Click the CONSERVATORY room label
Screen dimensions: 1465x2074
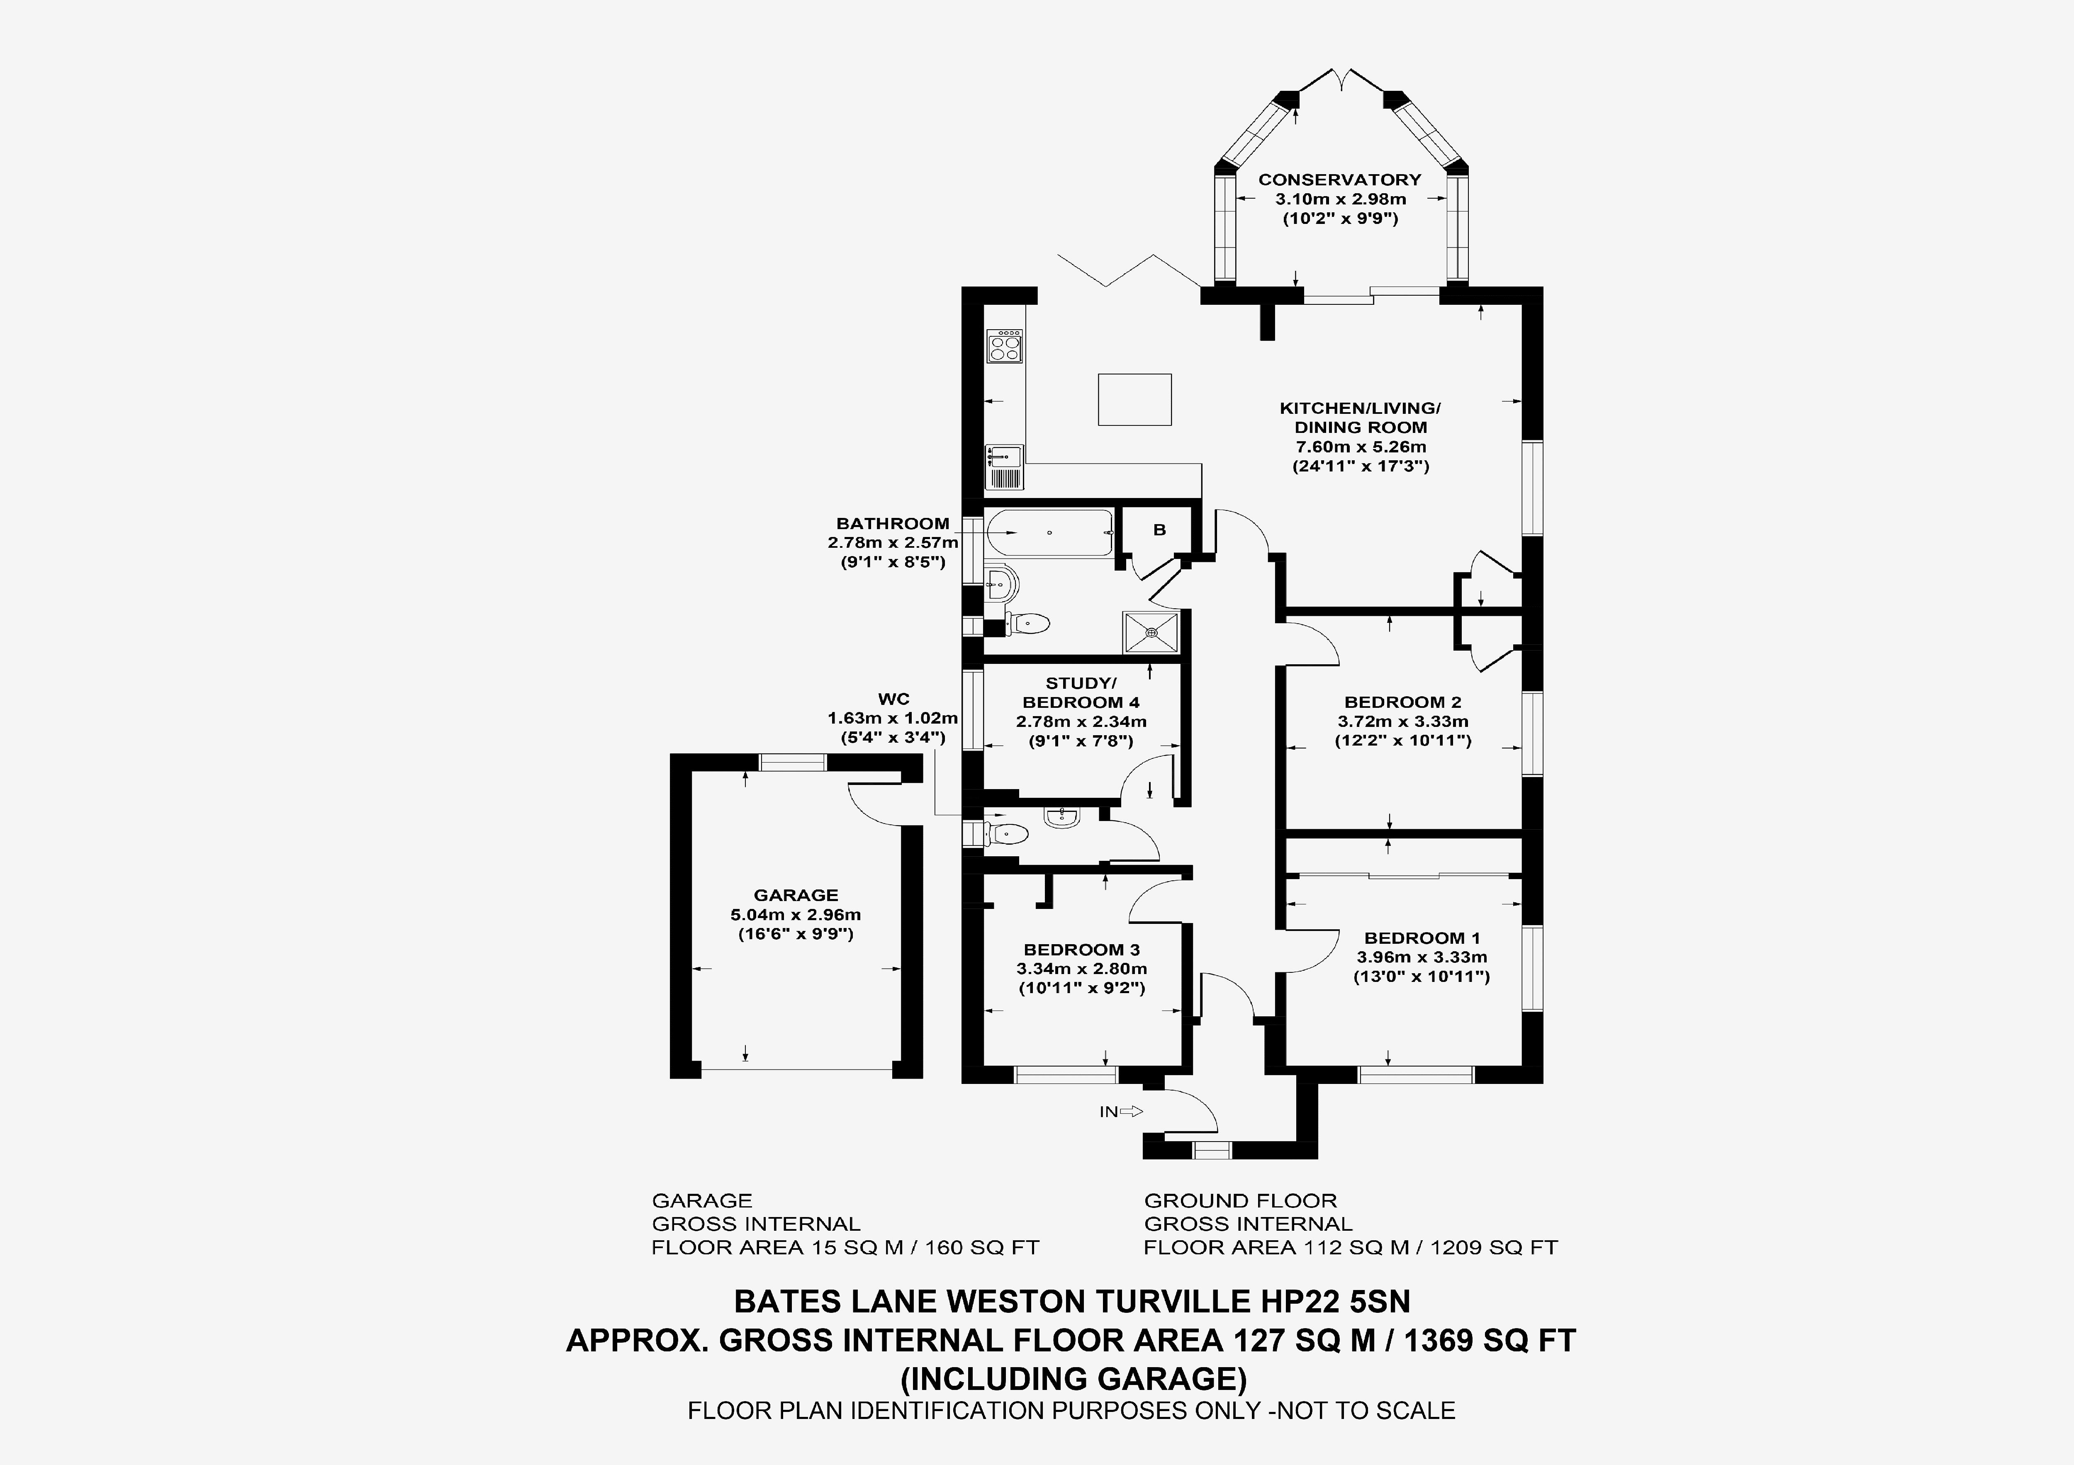point(1340,180)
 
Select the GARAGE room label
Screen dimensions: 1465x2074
point(796,895)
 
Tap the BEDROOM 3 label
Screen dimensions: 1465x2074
point(1081,949)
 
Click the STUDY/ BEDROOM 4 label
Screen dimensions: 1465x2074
point(1081,693)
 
